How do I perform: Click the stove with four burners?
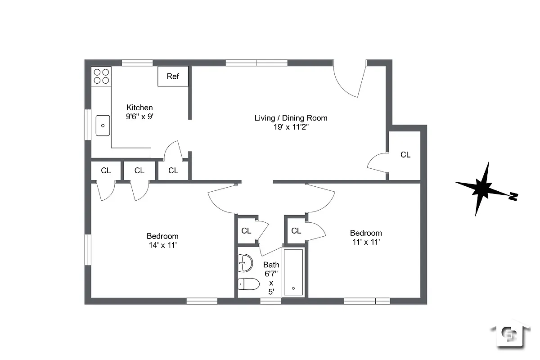(101, 76)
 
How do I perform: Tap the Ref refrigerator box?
(173, 76)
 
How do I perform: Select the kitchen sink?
(103, 125)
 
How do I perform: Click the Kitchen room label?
(139, 108)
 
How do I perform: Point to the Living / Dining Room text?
(291, 118)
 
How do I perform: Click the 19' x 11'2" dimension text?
(291, 127)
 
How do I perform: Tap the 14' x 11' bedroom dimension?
(162, 245)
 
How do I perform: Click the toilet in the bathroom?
(248, 284)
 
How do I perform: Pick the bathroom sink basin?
(245, 263)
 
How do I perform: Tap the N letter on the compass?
(513, 196)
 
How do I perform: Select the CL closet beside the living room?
(405, 155)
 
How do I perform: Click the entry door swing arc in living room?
(346, 81)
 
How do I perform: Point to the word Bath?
(271, 265)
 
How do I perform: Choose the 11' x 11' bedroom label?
(366, 242)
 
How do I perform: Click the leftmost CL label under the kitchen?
(106, 171)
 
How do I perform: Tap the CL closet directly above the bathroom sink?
(246, 231)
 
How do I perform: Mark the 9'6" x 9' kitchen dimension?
(139, 116)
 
